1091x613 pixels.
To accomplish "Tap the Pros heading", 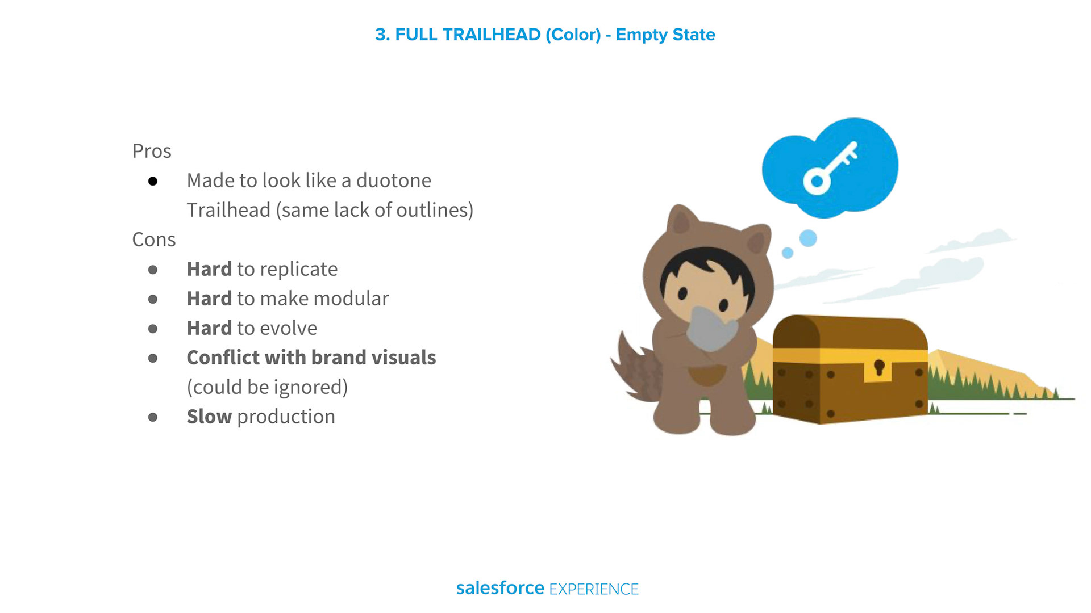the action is [x=152, y=151].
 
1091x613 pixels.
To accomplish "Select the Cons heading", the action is [x=154, y=240].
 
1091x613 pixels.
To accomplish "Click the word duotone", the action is [x=394, y=180].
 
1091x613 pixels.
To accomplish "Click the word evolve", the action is [x=288, y=328].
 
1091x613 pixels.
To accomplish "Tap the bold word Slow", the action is [x=209, y=417].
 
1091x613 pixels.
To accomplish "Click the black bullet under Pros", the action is [x=153, y=182].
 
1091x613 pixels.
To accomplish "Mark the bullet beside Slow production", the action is [x=153, y=417].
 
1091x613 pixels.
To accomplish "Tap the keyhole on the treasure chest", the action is [x=879, y=367].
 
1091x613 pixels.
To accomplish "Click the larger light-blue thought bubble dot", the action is [x=808, y=238].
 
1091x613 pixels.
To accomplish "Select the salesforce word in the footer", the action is [x=500, y=588].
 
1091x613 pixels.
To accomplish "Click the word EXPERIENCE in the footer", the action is [x=594, y=589].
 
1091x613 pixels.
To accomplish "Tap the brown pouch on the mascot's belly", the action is [x=707, y=375].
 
